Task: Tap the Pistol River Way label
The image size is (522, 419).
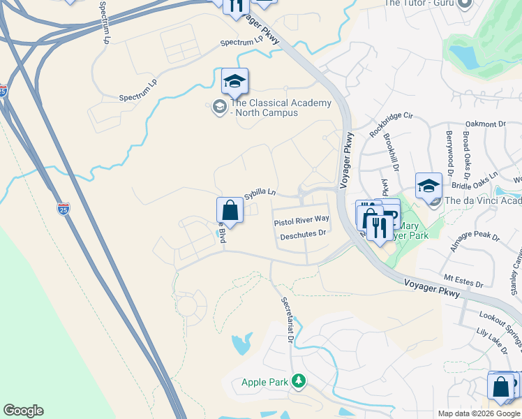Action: point(301,220)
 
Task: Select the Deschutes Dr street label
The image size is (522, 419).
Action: point(303,235)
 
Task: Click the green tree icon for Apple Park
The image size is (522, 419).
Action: point(299,381)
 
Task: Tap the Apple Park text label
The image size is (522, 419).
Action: point(264,382)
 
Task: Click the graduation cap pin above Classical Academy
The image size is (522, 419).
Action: point(235,83)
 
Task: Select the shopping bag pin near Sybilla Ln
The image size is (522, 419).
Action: point(230,209)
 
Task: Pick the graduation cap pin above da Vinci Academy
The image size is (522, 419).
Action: point(428,186)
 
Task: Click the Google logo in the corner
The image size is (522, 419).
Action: point(23,411)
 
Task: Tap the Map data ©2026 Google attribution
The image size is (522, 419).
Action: point(479,413)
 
